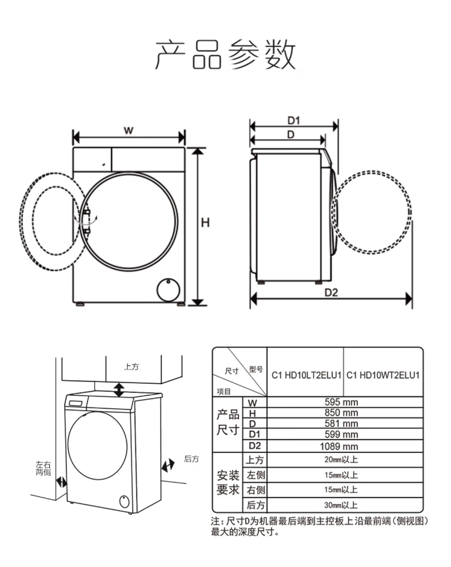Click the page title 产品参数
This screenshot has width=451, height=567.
coord(225,54)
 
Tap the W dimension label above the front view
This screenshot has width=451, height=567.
coord(128,130)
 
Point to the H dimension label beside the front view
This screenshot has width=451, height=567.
coord(205,223)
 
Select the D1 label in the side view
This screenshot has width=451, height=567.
coord(294,121)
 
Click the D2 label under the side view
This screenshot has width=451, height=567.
coord(331,293)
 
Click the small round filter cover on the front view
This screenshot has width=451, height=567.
coord(168,290)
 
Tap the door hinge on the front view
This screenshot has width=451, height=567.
coord(87,222)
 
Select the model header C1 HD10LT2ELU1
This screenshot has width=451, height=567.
coord(306,375)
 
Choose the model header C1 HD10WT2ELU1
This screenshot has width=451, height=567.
coord(383,375)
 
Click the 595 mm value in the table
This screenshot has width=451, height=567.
coord(341,402)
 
